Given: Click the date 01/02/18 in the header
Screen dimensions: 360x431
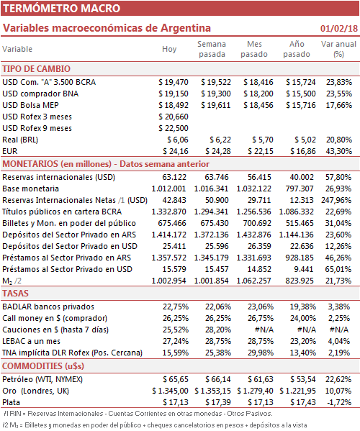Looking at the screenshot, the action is point(339,29).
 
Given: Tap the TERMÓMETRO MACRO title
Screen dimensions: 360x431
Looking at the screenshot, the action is point(62,8).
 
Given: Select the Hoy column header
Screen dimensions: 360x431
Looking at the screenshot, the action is point(169,49).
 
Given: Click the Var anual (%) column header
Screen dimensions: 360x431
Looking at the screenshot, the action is point(338,49).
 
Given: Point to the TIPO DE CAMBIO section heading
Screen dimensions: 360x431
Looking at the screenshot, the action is point(36,69).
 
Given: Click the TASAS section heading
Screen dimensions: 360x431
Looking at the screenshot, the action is point(15,294).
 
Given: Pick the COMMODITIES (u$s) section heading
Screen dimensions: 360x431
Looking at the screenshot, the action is point(43,366).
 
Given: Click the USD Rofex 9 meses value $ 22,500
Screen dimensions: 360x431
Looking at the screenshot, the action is point(174,128).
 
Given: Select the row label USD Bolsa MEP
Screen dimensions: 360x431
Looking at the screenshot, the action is point(30,105).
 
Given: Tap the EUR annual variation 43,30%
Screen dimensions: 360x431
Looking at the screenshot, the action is point(339,151).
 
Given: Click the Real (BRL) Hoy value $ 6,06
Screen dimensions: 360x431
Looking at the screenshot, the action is point(178,140).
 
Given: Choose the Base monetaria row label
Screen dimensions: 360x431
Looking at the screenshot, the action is point(30,189).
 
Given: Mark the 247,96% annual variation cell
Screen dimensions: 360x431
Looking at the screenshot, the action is point(336,200).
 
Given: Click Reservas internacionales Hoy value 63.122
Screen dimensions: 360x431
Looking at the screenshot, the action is point(174,177).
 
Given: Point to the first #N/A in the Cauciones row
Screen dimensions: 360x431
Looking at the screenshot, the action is point(264,330).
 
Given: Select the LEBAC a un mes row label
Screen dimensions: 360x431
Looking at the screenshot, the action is point(32,341).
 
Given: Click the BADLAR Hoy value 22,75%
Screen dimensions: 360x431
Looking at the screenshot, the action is point(176,307).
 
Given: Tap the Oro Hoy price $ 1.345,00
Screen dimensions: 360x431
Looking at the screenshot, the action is point(170,391).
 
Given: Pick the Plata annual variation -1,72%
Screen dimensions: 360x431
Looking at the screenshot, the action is point(339,402).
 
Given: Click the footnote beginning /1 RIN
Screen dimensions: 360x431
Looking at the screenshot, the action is point(138,414).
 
